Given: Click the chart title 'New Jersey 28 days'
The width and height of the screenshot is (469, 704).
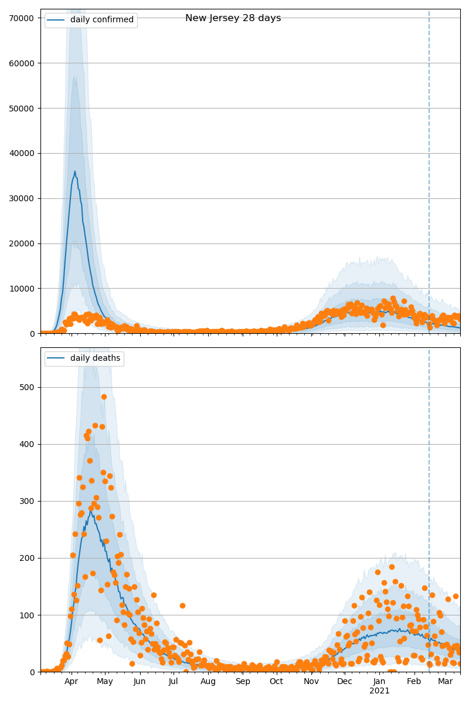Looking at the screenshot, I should tap(233, 18).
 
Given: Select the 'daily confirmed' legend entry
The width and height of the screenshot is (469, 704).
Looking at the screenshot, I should tap(101, 20).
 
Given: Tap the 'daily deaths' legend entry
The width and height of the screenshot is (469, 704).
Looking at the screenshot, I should tap(95, 358).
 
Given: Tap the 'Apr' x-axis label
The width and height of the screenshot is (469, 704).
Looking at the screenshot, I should tap(71, 682).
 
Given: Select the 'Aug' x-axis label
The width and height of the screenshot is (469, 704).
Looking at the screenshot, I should tap(208, 682).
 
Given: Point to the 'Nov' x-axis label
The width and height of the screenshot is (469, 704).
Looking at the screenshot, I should tap(311, 682).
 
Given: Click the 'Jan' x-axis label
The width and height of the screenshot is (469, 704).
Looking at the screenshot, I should tap(379, 682).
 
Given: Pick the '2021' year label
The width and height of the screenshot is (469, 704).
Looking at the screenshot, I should tap(379, 691).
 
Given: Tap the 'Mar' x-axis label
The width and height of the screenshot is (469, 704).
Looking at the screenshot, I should tap(445, 682).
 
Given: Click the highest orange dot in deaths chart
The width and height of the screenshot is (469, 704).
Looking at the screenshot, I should tap(104, 397).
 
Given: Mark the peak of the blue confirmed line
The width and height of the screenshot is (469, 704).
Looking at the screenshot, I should tap(75, 171).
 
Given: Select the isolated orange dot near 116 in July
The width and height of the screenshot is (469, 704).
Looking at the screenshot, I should tap(182, 605).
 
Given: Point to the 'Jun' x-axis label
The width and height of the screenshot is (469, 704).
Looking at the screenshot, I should tap(140, 682).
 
